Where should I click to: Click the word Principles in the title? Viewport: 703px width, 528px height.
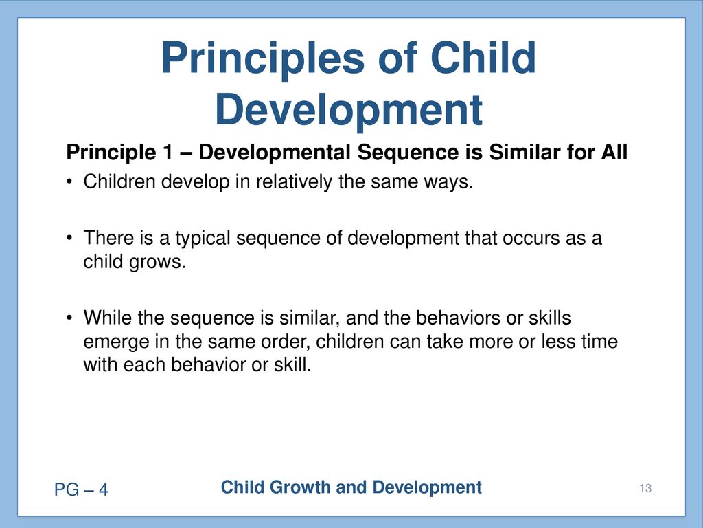coord(263,59)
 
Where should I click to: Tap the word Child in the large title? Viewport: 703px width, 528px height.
coord(483,57)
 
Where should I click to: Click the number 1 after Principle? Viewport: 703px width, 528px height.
coord(167,152)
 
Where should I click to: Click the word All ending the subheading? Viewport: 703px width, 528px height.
coord(614,152)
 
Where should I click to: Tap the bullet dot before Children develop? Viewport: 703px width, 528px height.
coord(69,181)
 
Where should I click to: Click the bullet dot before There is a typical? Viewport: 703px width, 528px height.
coord(69,237)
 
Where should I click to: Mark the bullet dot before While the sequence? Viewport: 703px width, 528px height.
coord(69,318)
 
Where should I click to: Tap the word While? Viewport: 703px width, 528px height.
coord(108,318)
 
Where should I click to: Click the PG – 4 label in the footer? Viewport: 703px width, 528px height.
coord(81,489)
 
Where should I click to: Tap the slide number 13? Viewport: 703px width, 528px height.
coord(645,489)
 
